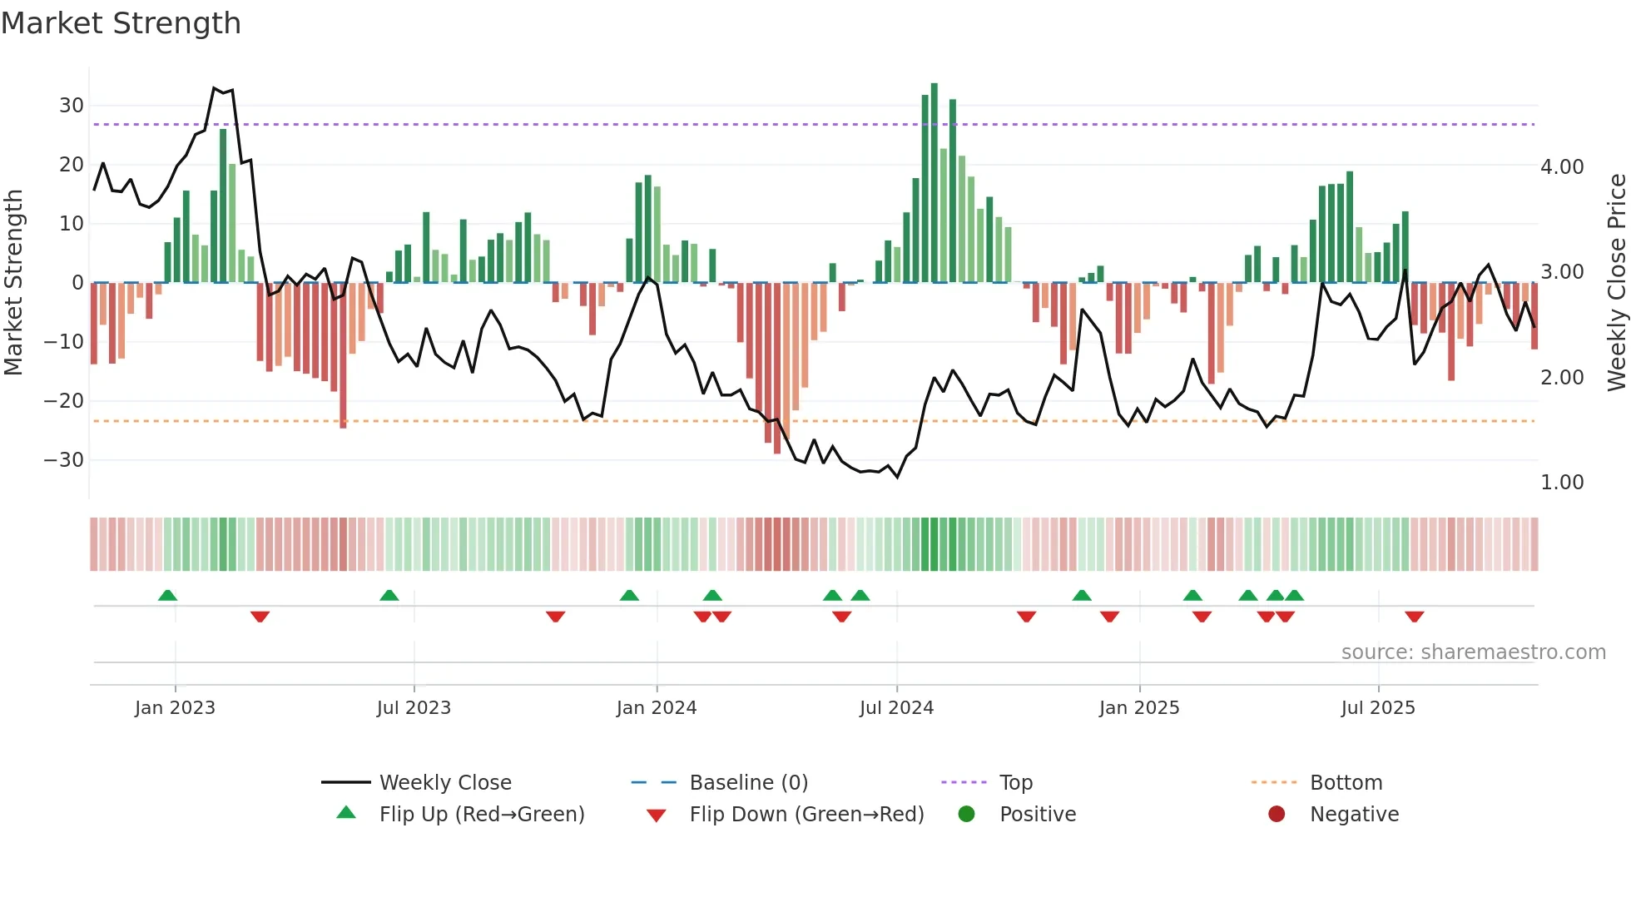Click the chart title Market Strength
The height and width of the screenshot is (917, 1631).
pos(121,23)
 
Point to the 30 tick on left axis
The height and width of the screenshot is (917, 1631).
pos(72,106)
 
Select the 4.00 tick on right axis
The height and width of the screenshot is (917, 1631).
pos(1561,167)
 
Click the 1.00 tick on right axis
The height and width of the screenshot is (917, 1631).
pos(1561,483)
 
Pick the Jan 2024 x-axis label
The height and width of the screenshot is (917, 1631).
pos(656,708)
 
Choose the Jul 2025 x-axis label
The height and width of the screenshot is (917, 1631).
pos(1377,708)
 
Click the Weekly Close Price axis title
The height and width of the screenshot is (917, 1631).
pos(1616,283)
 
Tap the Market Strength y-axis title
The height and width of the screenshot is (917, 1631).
pos(13,283)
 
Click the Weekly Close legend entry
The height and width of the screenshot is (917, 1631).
pos(444,783)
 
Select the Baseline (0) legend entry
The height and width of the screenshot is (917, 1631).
pos(748,783)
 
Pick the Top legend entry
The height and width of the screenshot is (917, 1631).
pos(1015,783)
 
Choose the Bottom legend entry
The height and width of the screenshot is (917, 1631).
pos(1346,783)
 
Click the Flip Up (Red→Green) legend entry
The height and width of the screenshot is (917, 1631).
pos(481,815)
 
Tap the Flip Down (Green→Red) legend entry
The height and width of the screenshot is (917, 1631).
pos(806,815)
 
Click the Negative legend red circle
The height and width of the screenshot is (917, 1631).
pos(1276,814)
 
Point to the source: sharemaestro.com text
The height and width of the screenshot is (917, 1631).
pos(1473,652)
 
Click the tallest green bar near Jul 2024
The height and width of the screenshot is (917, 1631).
pos(934,183)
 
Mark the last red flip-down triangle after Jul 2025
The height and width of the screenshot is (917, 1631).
pos(1414,617)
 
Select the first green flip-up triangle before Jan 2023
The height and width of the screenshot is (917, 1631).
pos(167,595)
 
